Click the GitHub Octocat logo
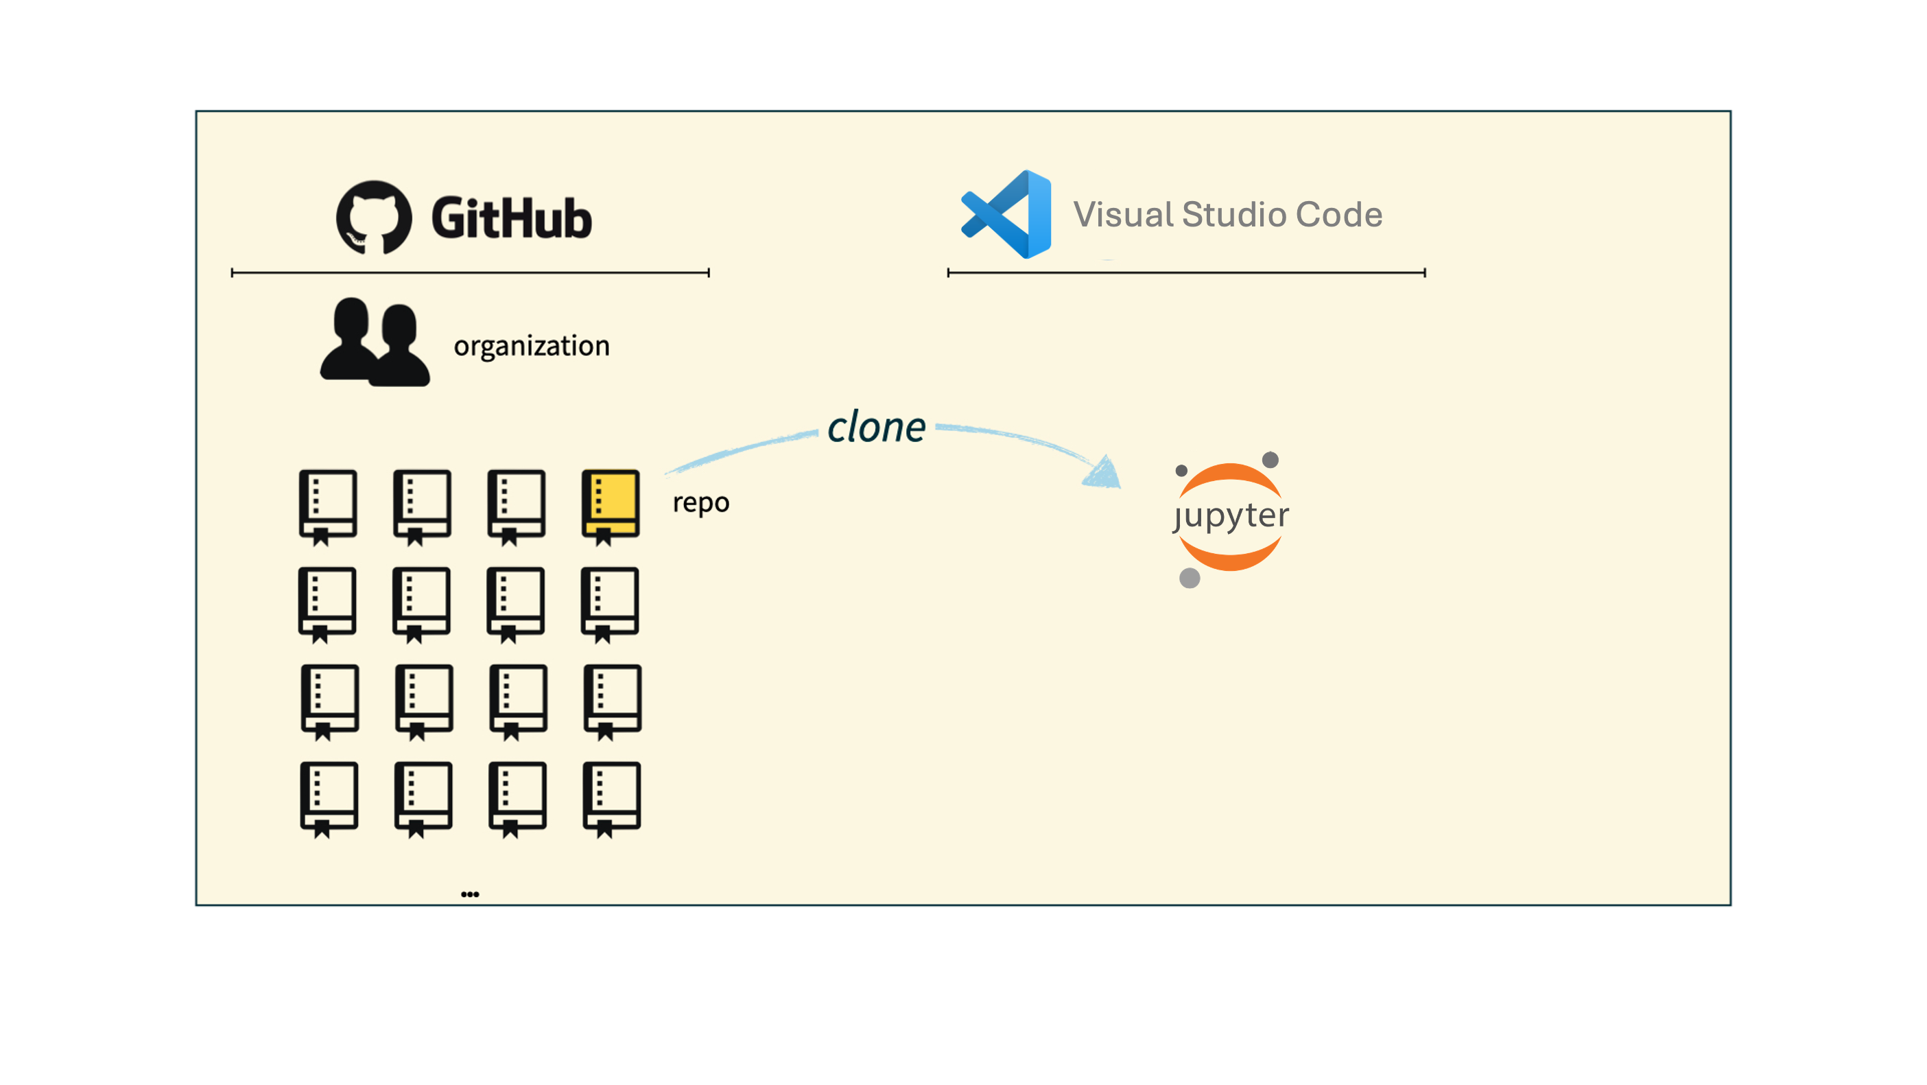373,218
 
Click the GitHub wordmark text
512,218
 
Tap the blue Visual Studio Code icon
1007,214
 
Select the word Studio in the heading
1235,215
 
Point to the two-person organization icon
375,342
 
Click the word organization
531,346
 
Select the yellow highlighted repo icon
611,506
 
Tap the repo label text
700,502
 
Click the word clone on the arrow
876,428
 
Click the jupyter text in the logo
1231,515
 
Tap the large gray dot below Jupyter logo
1190,578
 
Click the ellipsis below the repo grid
470,894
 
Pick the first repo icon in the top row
328,506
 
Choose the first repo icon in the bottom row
329,797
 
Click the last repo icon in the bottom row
611,797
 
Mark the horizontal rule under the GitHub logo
470,273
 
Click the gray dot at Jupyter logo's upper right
1270,459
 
